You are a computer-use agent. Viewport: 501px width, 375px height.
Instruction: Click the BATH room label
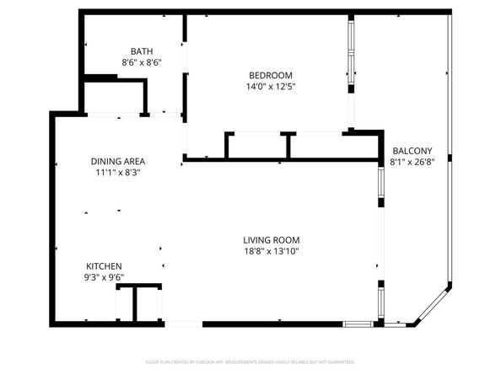pos(141,51)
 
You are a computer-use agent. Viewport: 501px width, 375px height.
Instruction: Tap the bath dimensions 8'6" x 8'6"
pos(141,62)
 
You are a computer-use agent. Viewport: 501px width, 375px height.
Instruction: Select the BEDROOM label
pos(270,74)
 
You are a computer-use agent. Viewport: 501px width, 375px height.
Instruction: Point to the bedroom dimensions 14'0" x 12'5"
pos(270,86)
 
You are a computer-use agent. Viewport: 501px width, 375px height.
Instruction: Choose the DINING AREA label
pos(118,161)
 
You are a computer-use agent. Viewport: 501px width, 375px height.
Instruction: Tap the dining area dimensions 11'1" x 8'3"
pos(118,173)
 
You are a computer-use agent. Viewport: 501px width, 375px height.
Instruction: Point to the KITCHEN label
pos(103,265)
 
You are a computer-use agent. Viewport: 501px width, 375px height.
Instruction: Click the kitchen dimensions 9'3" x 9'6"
pos(103,277)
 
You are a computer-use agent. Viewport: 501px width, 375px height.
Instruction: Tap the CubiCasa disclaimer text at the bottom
pos(250,362)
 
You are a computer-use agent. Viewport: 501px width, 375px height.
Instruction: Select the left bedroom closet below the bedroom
pos(256,146)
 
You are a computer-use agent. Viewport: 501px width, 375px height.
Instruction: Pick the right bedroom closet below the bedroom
pos(319,146)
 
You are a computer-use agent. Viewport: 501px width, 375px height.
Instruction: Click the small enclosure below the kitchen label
pos(138,303)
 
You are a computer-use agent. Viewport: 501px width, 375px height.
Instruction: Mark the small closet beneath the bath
pos(114,96)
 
